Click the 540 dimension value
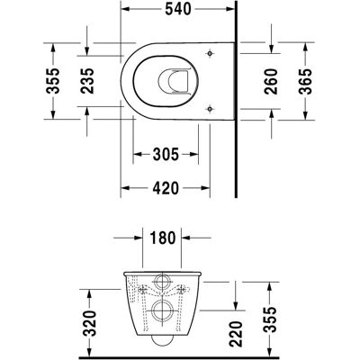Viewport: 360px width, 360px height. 178,9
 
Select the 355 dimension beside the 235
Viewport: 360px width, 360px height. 53,81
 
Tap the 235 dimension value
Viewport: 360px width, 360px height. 87,81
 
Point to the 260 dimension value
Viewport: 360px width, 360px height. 272,82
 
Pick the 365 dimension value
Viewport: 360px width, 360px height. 305,82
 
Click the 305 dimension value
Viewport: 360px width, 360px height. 166,155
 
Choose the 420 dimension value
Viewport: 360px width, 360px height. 166,188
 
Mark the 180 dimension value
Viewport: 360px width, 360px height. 162,238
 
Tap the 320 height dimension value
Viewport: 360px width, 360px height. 90,323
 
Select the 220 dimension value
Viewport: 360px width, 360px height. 235,334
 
